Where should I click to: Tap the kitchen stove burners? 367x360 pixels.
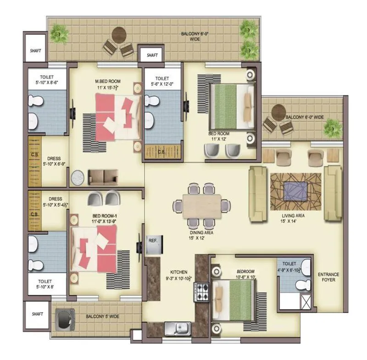click(202, 291)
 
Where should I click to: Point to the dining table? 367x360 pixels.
click(202, 206)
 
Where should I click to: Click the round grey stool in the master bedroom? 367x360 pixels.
click(77, 177)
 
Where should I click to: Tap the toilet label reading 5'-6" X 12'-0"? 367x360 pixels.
click(162, 81)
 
